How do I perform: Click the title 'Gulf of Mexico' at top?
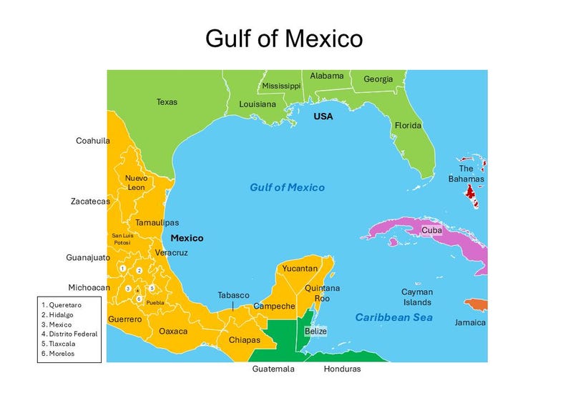284,38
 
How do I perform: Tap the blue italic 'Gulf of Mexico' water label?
287,187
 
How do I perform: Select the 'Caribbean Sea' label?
393,317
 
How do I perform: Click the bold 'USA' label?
323,116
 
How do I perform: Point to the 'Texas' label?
167,102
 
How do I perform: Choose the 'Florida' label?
408,126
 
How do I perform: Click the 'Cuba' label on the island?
431,230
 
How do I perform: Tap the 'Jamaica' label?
470,322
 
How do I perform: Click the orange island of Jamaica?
476,305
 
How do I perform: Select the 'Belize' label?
315,331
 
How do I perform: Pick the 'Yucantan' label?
300,269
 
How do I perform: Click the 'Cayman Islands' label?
416,297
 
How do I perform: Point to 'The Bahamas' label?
466,174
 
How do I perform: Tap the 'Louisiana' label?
258,104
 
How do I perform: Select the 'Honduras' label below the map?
342,369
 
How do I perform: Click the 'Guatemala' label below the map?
273,369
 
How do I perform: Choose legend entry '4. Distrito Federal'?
69,334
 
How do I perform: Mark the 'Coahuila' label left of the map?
93,141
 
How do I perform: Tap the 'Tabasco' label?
233,295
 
